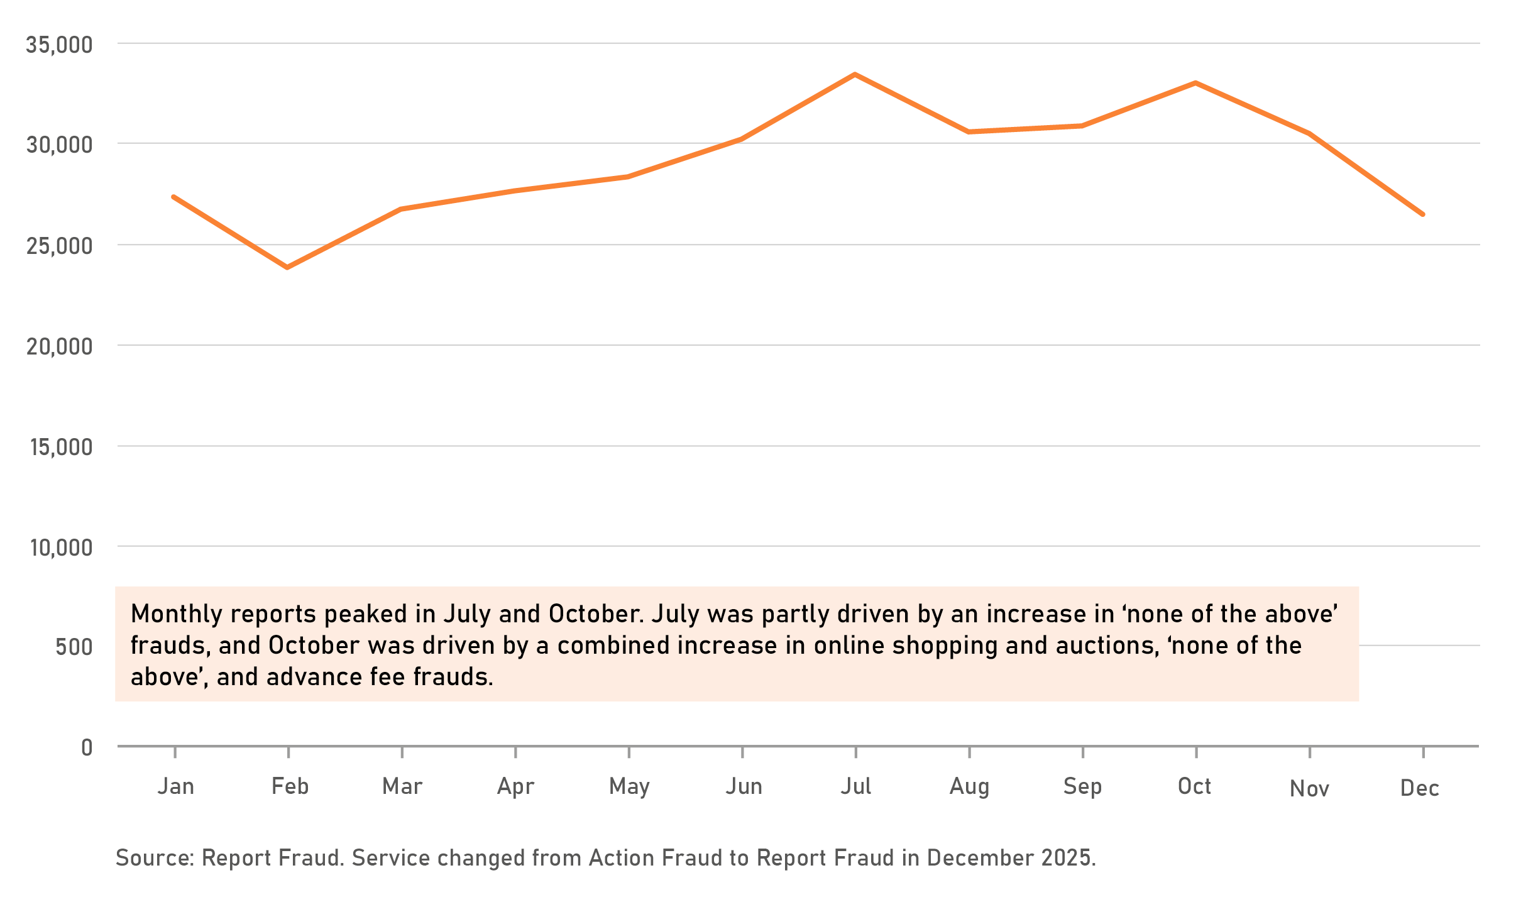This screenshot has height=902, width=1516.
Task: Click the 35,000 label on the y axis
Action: (x=59, y=45)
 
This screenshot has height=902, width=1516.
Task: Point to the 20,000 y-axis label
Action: (x=59, y=346)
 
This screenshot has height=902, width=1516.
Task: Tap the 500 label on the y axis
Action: (x=74, y=647)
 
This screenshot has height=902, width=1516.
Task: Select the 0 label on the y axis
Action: (x=87, y=747)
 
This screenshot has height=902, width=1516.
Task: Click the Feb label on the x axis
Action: (x=290, y=786)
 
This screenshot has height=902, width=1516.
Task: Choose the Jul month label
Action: (x=856, y=786)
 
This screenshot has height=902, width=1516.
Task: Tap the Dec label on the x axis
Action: (x=1419, y=788)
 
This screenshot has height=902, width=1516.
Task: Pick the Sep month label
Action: (x=1082, y=786)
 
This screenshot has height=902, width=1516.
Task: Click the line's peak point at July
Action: (x=855, y=75)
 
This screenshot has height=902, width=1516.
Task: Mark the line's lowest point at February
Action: (x=288, y=268)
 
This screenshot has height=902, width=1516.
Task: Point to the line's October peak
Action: (x=1195, y=83)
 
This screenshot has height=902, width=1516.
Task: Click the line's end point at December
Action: (x=1423, y=214)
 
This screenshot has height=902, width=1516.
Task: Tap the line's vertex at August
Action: (x=969, y=132)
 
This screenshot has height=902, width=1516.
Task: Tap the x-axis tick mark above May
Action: (x=629, y=752)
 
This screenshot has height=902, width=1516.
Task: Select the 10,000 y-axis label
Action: (x=61, y=547)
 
